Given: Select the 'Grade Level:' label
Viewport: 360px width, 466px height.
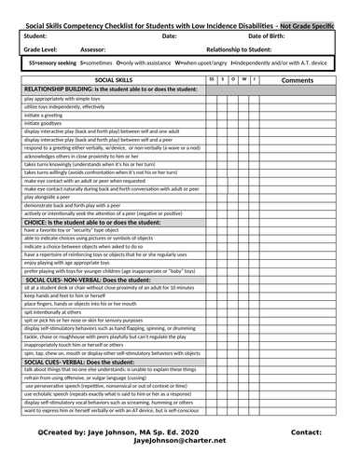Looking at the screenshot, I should tap(39, 48).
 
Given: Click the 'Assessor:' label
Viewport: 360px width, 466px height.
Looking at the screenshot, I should tap(94, 48).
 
